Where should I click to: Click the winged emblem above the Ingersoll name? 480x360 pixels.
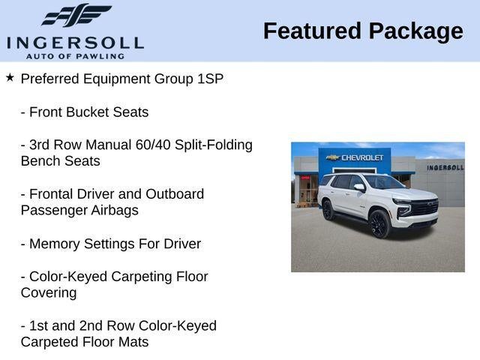(x=76, y=15)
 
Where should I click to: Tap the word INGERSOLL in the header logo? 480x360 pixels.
(x=75, y=43)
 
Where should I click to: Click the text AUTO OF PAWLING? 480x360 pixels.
(x=75, y=56)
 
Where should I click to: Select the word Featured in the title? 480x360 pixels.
(x=312, y=31)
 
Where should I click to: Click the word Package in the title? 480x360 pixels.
(x=416, y=32)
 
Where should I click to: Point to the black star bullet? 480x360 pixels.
(x=10, y=77)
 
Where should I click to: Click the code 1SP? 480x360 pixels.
(x=210, y=79)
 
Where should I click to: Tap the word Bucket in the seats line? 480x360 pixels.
(x=88, y=112)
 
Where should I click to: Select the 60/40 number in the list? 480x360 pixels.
(x=153, y=145)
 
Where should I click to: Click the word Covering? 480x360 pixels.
(x=49, y=293)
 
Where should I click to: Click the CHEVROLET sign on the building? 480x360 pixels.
(x=362, y=157)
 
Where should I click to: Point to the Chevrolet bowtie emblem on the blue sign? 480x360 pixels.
(x=333, y=157)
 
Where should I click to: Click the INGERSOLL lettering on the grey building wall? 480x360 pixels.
(x=445, y=168)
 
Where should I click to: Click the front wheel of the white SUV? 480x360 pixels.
(x=379, y=223)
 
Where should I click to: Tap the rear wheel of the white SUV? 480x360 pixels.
(x=328, y=210)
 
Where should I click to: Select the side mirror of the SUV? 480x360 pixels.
(x=359, y=187)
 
